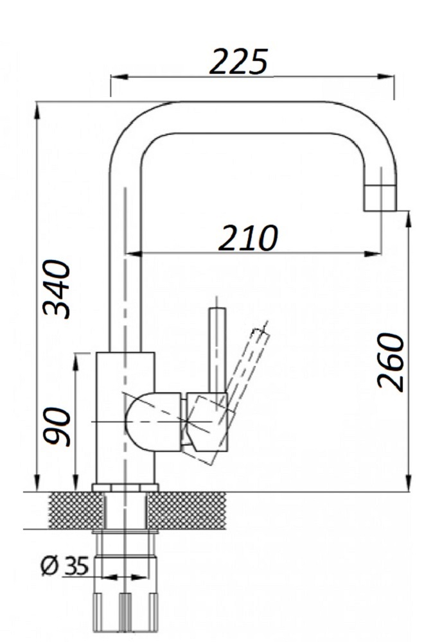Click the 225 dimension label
tap(239, 62)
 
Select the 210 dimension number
tap(248, 238)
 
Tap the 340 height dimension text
tap(57, 289)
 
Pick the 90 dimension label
tap(57, 426)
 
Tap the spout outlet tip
tap(380, 198)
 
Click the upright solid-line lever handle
tap(217, 350)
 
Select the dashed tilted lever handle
tap(246, 365)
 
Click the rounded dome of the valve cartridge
tap(152, 422)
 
